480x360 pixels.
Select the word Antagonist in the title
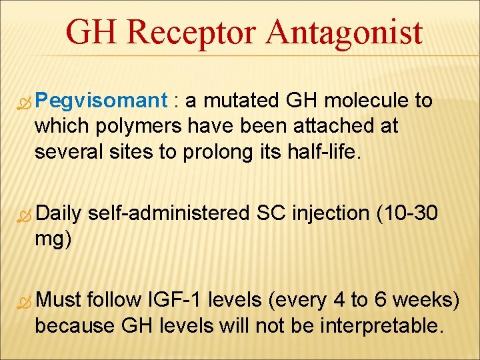click(x=346, y=33)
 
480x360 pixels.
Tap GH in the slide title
click(x=93, y=33)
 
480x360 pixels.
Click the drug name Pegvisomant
click(x=101, y=101)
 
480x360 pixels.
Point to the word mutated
click(x=239, y=101)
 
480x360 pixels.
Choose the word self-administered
click(x=169, y=213)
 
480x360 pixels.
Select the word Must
click(x=59, y=301)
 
